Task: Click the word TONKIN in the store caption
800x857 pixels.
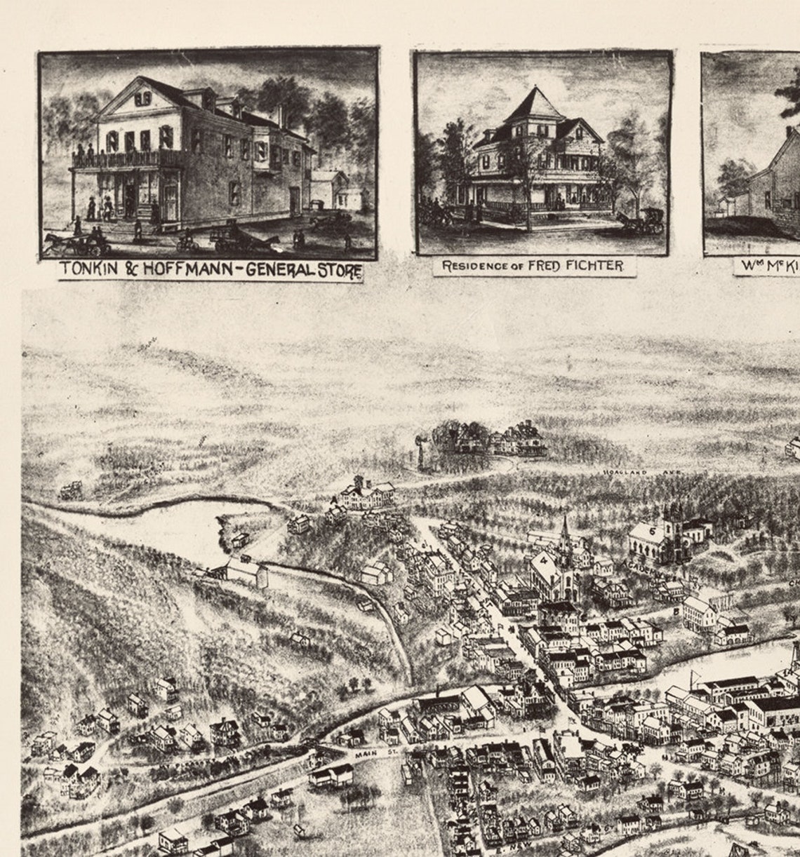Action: click(88, 269)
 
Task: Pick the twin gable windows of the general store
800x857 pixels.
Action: click(142, 99)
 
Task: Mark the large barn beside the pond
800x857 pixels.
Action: click(242, 572)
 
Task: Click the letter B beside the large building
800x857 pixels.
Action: click(676, 611)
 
